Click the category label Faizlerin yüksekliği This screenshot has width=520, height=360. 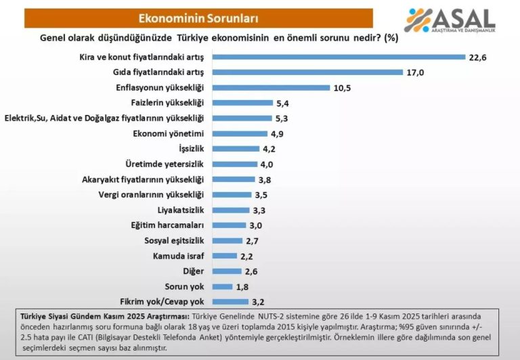(171, 102)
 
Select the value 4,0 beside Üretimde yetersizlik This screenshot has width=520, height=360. (269, 164)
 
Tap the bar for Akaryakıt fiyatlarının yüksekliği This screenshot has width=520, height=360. (234, 179)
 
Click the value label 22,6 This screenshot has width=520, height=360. (477, 57)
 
